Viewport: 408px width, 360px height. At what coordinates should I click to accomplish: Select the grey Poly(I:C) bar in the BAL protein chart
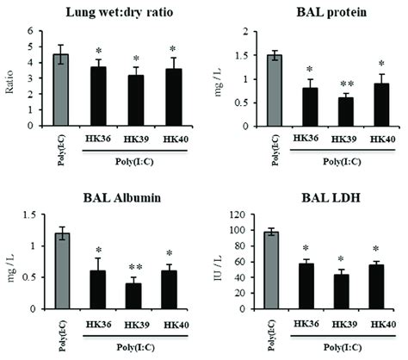pyautogui.click(x=273, y=90)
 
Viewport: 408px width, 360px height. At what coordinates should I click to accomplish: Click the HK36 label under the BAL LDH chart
pyautogui.click(x=303, y=323)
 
